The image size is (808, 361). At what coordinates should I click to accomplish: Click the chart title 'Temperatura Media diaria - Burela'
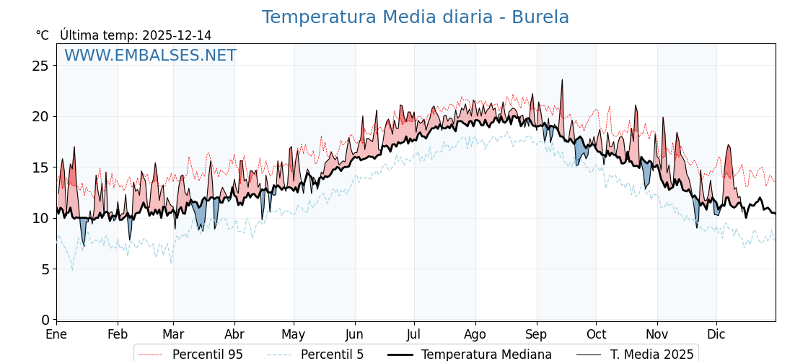415,17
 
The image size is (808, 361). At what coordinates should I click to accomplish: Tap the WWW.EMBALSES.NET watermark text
150,56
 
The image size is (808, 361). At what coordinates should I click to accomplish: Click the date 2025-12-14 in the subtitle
177,35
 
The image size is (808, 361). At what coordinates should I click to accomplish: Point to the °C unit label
42,35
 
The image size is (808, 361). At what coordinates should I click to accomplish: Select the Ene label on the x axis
56,334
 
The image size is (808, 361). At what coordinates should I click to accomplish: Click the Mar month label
173,334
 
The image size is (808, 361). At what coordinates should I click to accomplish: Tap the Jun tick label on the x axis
354,334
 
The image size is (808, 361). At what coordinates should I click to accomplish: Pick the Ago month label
475,334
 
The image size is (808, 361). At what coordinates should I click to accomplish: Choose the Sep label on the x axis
537,334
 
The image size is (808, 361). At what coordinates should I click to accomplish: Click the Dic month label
716,334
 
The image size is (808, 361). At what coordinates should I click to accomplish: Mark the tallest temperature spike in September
562,81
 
